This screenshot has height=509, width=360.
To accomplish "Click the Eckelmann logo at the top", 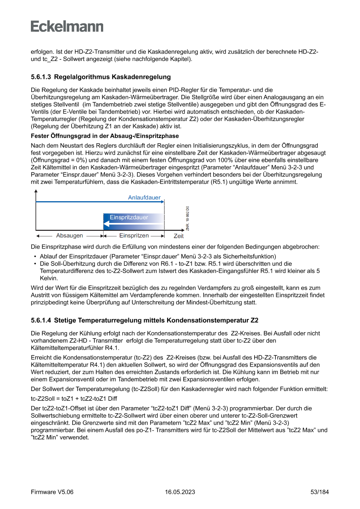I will pos(67,27).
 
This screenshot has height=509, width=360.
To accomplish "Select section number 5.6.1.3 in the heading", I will pos(41,77).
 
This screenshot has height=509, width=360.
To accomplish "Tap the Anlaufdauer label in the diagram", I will pos(144,198).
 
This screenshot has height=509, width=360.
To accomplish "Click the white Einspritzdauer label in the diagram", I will pos(129,217).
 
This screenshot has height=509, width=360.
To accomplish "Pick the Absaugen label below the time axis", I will pos(70,236).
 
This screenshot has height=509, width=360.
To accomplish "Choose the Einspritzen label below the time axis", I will pos(134,236).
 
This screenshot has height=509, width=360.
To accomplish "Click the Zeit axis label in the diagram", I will pos(178,236).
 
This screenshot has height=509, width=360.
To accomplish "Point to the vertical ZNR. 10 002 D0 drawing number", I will pos(188,218).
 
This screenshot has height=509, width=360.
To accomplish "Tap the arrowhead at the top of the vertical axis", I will pos(35,192).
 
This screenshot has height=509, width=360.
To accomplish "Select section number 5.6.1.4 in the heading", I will pos(41,321).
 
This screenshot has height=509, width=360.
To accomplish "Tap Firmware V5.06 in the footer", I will pos(52,492).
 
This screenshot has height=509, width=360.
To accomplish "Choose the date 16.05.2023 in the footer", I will pos(180,492).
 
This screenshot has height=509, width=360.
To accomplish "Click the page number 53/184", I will pos(320,492).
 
